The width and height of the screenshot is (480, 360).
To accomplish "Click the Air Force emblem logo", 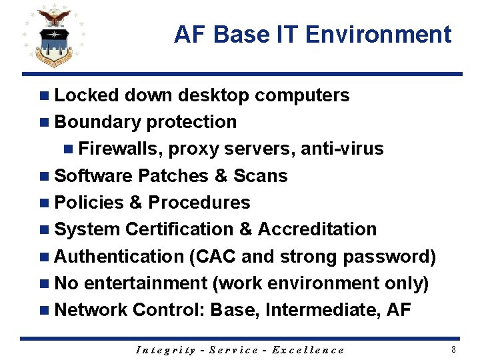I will click(x=54, y=37).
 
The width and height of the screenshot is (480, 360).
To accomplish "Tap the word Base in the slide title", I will click(x=234, y=34).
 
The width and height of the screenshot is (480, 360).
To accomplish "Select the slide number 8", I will click(x=453, y=349).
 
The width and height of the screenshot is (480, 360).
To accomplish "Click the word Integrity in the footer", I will click(x=165, y=350).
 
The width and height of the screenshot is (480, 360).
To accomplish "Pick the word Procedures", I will click(x=199, y=203).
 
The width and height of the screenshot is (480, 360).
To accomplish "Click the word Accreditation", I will click(x=317, y=229).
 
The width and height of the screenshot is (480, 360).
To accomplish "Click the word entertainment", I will click(x=146, y=283).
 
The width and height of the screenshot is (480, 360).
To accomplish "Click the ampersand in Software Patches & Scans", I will click(x=220, y=176).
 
